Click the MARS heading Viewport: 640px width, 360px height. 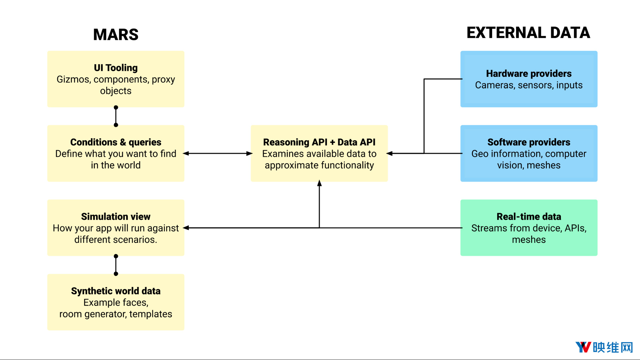point(116,35)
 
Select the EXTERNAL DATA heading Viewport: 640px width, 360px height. point(528,33)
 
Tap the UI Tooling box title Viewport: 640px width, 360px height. point(116,68)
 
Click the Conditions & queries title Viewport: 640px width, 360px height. point(116,142)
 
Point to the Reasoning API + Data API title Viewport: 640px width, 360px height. point(319,142)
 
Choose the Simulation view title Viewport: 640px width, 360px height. point(116,217)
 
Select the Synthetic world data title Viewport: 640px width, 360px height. point(116,291)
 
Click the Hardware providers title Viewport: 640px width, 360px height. point(529,74)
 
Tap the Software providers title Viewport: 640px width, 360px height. point(529,142)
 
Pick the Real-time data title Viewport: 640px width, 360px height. point(529,217)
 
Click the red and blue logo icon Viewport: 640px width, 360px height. point(583,347)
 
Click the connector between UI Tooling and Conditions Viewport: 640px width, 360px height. point(116,116)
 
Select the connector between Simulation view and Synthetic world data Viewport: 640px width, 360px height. point(116,265)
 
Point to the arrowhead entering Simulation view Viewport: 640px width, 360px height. point(186,228)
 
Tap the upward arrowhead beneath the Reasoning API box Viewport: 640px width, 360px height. point(319,183)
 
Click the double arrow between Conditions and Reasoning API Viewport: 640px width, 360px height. point(218,154)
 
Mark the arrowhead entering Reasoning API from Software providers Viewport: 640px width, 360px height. point(389,154)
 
